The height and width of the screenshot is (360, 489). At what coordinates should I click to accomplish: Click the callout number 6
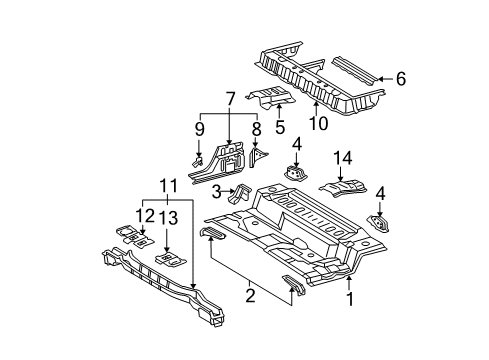401,79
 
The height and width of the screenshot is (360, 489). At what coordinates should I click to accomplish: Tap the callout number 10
318,123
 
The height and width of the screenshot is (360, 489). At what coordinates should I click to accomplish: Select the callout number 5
280,127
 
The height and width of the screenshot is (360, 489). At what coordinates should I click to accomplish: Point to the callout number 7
230,99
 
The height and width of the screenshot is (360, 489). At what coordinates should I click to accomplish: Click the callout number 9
199,129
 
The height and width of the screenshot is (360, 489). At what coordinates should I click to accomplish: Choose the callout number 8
256,129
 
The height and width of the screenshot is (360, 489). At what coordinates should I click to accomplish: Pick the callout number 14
342,158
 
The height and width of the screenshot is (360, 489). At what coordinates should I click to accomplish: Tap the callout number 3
217,192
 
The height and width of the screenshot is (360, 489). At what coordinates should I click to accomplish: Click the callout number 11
168,186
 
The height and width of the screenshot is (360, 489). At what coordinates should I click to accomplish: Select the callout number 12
145,216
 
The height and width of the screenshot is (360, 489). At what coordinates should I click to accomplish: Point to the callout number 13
168,218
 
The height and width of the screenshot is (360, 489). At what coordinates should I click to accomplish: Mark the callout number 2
250,295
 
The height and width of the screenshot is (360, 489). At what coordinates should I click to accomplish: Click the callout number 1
349,299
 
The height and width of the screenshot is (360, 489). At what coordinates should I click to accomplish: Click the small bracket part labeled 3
238,194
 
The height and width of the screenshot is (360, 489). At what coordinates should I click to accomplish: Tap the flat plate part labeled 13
170,259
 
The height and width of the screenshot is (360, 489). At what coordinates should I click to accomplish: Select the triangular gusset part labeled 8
257,157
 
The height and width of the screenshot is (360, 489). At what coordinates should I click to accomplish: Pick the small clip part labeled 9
196,161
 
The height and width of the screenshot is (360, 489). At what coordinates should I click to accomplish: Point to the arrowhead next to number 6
381,79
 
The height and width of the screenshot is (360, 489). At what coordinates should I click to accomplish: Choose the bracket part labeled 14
343,188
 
